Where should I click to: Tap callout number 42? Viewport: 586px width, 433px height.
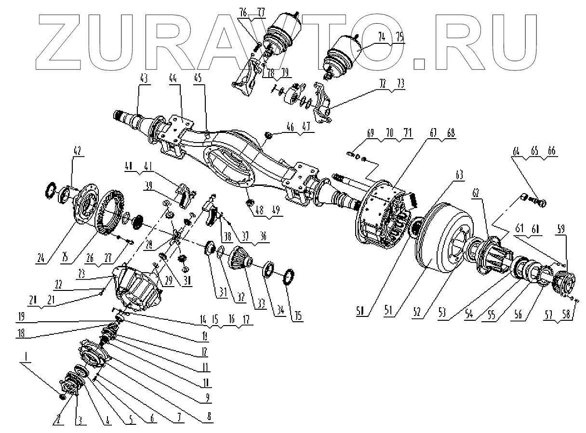tap(77, 150)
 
